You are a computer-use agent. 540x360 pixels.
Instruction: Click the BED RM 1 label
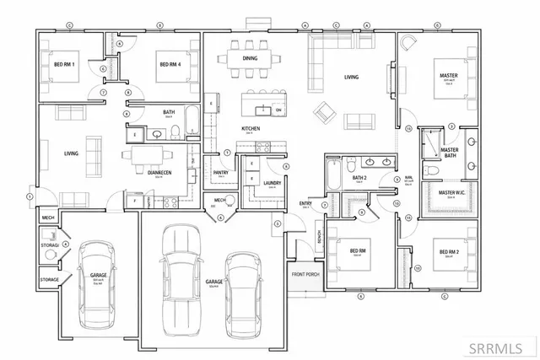[65, 65]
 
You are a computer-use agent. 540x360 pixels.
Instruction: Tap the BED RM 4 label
[170, 65]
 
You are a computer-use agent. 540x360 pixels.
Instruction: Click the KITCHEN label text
[251, 128]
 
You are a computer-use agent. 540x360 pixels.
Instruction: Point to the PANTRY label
[221, 173]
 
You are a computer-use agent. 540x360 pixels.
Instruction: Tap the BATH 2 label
[359, 179]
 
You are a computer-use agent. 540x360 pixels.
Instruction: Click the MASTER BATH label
[449, 153]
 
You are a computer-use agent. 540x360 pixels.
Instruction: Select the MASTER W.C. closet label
[452, 193]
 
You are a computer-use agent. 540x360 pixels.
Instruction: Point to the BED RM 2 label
[447, 250]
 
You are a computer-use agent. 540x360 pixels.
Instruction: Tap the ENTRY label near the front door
[305, 203]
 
